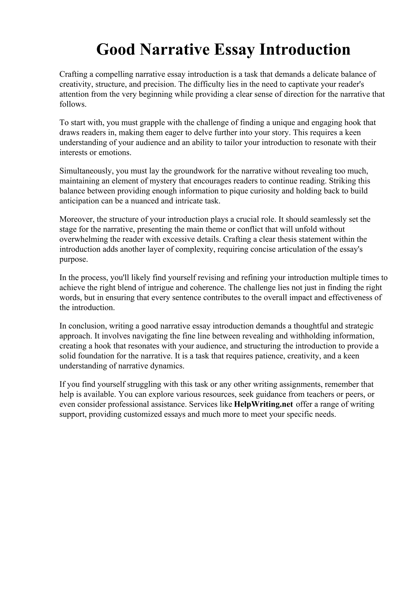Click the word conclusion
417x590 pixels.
pyautogui.click(x=86, y=326)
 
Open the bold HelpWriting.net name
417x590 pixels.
pyautogui.click(x=264, y=404)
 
